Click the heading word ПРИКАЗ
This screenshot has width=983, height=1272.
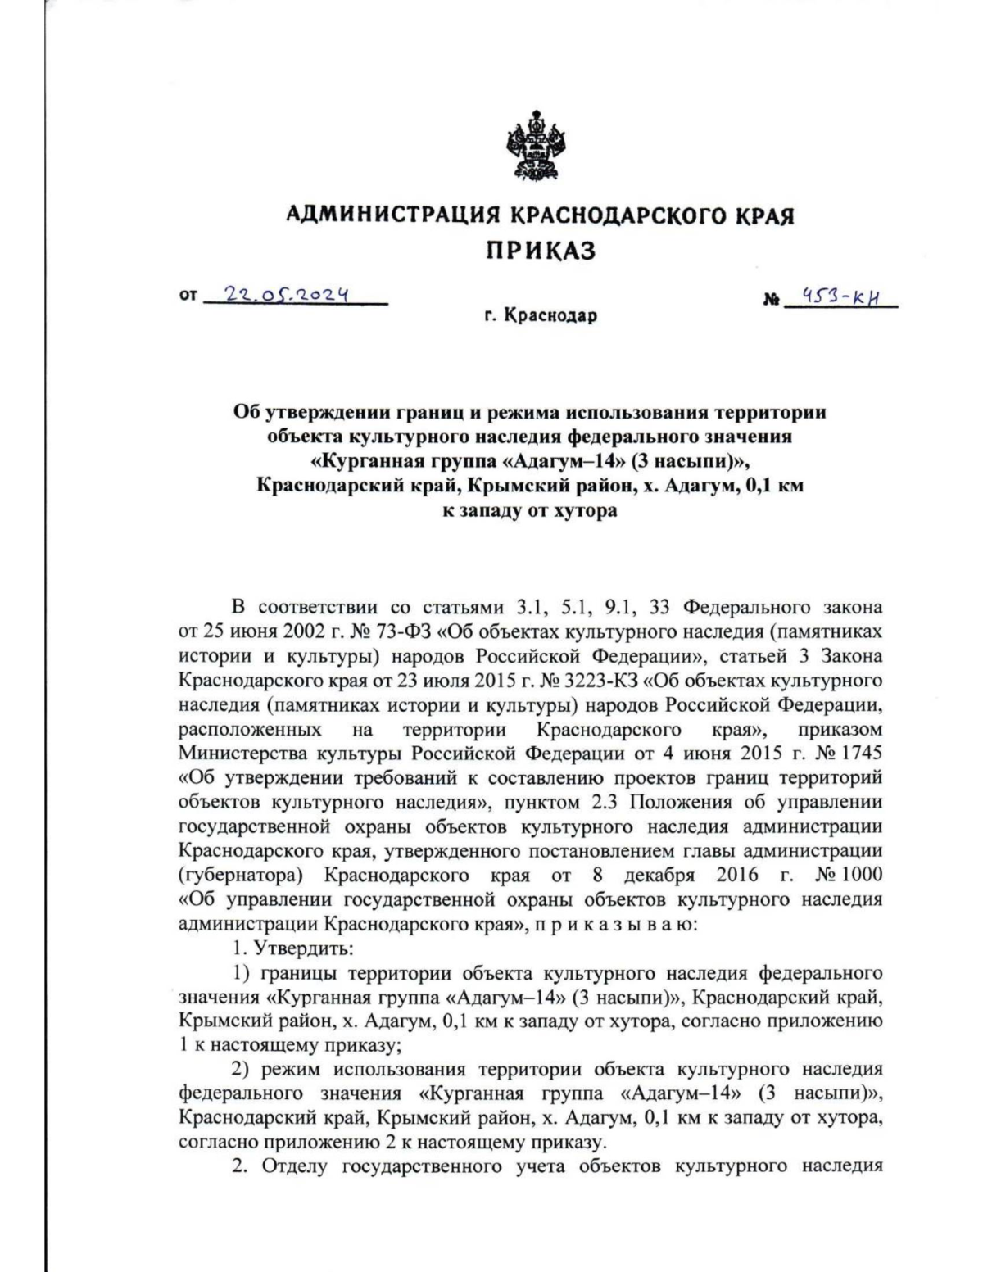point(541,251)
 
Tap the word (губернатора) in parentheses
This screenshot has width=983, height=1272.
point(241,874)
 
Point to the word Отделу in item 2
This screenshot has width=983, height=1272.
point(296,1166)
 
